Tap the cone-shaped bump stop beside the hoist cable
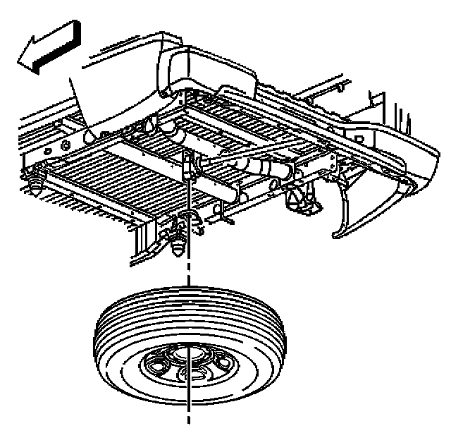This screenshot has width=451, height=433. coord(178,245)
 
